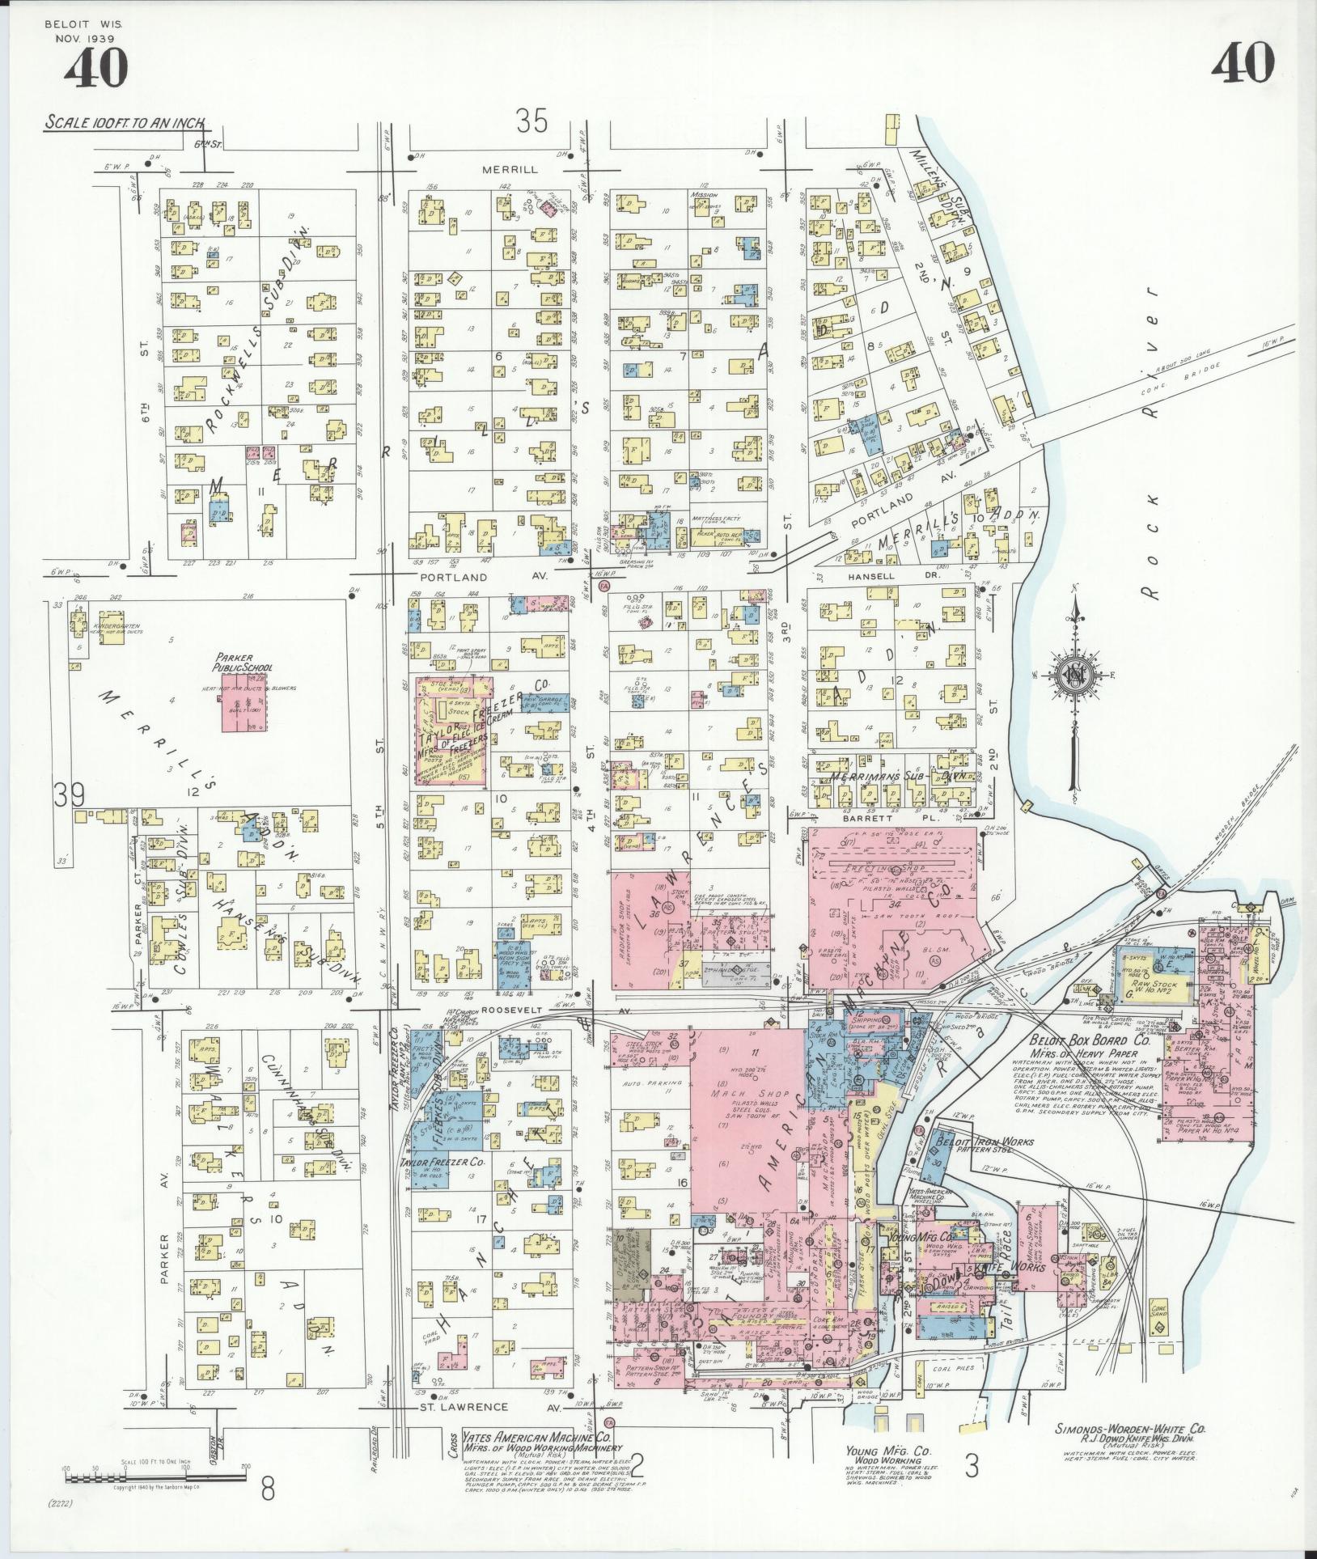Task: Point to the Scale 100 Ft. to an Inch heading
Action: (x=125, y=124)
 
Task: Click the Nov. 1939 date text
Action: (x=85, y=38)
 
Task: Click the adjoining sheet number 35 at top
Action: (x=532, y=121)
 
